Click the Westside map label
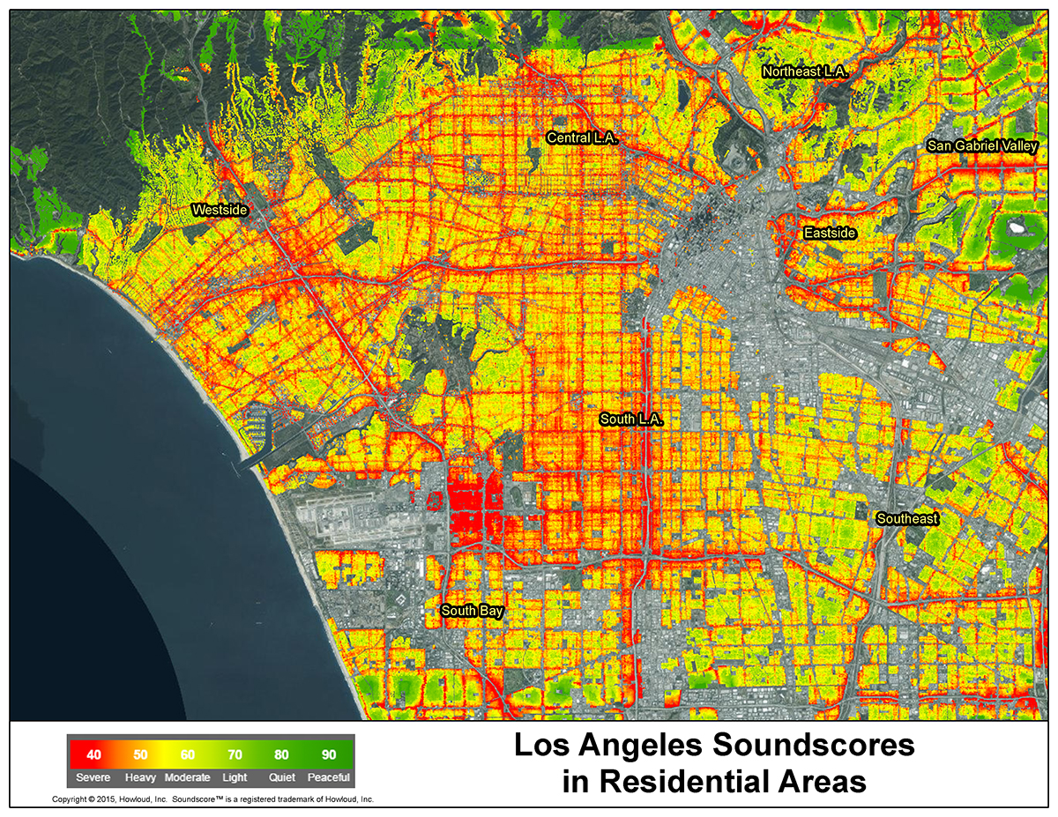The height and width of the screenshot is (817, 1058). (x=220, y=210)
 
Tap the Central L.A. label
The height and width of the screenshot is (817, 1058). (x=583, y=138)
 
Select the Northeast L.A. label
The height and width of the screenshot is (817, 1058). (x=805, y=71)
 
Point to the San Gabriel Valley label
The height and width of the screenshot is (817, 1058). (x=982, y=146)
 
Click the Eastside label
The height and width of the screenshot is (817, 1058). (x=830, y=233)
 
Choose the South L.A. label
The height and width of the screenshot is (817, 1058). (x=630, y=419)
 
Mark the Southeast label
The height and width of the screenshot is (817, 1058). (x=907, y=518)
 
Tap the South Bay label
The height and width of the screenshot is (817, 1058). (x=471, y=611)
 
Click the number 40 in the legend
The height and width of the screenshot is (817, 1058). (x=93, y=755)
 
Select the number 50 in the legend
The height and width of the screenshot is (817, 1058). (x=140, y=755)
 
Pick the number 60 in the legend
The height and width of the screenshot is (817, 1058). (x=187, y=755)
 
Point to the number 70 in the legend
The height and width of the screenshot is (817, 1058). (x=235, y=755)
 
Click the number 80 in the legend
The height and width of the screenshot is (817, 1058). (x=281, y=755)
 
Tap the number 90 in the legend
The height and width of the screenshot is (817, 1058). (x=328, y=755)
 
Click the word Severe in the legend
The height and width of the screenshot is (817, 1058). (x=93, y=777)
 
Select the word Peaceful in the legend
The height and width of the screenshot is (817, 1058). (x=328, y=777)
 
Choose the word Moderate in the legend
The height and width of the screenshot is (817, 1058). (x=187, y=777)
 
